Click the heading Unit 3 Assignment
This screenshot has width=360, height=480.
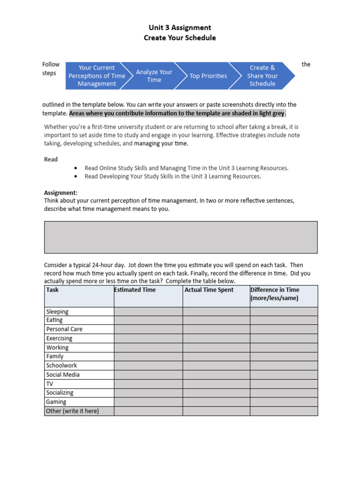click(x=180, y=28)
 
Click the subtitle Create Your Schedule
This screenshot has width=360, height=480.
click(x=180, y=38)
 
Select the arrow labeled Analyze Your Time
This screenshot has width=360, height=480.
click(x=154, y=76)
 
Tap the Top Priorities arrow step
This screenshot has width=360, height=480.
click(x=208, y=76)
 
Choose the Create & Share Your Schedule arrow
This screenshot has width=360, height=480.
click(x=262, y=76)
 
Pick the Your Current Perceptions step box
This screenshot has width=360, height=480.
click(x=97, y=76)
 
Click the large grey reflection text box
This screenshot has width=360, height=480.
click(x=180, y=237)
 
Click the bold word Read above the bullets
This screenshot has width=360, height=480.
click(x=51, y=159)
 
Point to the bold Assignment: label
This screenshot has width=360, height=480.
click(x=61, y=193)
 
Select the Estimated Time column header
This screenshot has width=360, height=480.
click(x=135, y=290)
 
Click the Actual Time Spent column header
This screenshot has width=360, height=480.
click(x=209, y=290)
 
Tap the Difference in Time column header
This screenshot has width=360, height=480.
click(x=275, y=294)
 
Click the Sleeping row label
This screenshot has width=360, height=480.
click(x=57, y=312)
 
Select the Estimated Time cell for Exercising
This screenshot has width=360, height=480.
click(x=148, y=338)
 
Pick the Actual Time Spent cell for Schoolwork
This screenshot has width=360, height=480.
click(x=216, y=366)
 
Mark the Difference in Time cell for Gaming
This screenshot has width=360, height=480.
click(x=284, y=402)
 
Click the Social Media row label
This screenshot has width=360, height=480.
click(x=63, y=375)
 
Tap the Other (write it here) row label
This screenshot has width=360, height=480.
click(x=73, y=411)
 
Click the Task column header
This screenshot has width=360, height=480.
click(x=52, y=290)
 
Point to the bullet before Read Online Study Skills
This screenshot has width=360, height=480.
click(x=75, y=168)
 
